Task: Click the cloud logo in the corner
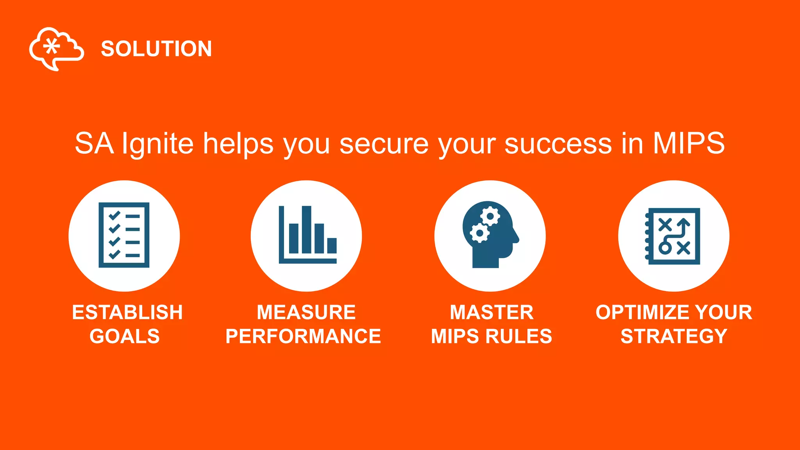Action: click(x=56, y=48)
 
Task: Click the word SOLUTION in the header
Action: click(x=156, y=49)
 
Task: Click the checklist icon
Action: click(x=124, y=235)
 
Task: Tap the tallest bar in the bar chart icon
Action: click(x=307, y=230)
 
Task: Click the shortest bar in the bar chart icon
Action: click(x=332, y=245)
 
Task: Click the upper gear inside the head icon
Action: click(x=490, y=216)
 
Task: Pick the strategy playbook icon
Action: click(x=673, y=236)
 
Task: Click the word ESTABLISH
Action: click(x=127, y=312)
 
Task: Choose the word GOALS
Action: click(x=125, y=336)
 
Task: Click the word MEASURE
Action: click(x=306, y=312)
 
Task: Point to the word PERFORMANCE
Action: click(x=303, y=336)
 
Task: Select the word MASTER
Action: click(x=491, y=312)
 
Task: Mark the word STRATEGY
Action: click(x=674, y=336)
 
